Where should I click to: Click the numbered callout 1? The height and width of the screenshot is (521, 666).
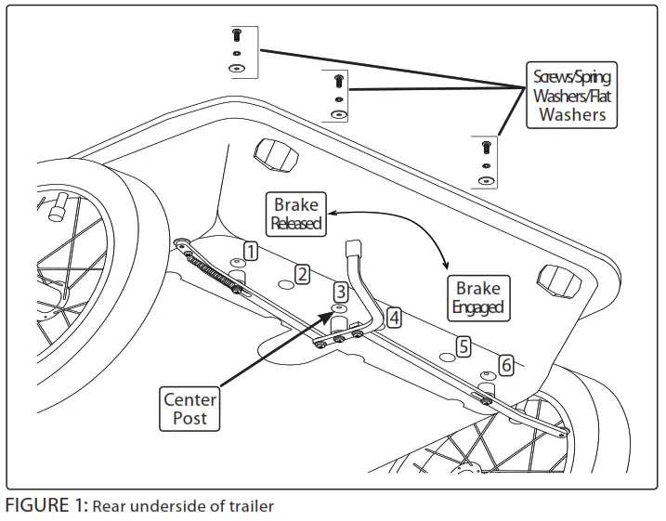(x=251, y=251)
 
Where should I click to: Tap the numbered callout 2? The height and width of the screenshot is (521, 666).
(x=302, y=275)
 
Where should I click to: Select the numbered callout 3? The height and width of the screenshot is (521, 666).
(x=341, y=292)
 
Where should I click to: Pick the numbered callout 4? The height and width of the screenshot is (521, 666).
(x=394, y=318)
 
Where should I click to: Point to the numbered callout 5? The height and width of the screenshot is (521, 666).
(x=464, y=346)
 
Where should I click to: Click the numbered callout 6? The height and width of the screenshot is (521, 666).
(x=506, y=366)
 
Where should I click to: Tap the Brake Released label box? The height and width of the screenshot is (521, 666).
(x=295, y=214)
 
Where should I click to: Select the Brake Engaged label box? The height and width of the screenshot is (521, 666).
(x=478, y=298)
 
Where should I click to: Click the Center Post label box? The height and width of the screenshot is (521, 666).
(x=189, y=409)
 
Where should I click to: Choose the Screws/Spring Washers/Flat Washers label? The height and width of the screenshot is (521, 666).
(x=571, y=95)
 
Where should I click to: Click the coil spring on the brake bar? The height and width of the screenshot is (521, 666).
(x=211, y=273)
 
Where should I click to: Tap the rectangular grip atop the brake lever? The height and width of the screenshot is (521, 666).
(x=353, y=248)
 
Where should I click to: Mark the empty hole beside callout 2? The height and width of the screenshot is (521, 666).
(x=286, y=284)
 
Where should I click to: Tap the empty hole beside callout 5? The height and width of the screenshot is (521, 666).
(x=448, y=357)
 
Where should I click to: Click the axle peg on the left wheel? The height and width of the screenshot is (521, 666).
(x=58, y=207)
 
